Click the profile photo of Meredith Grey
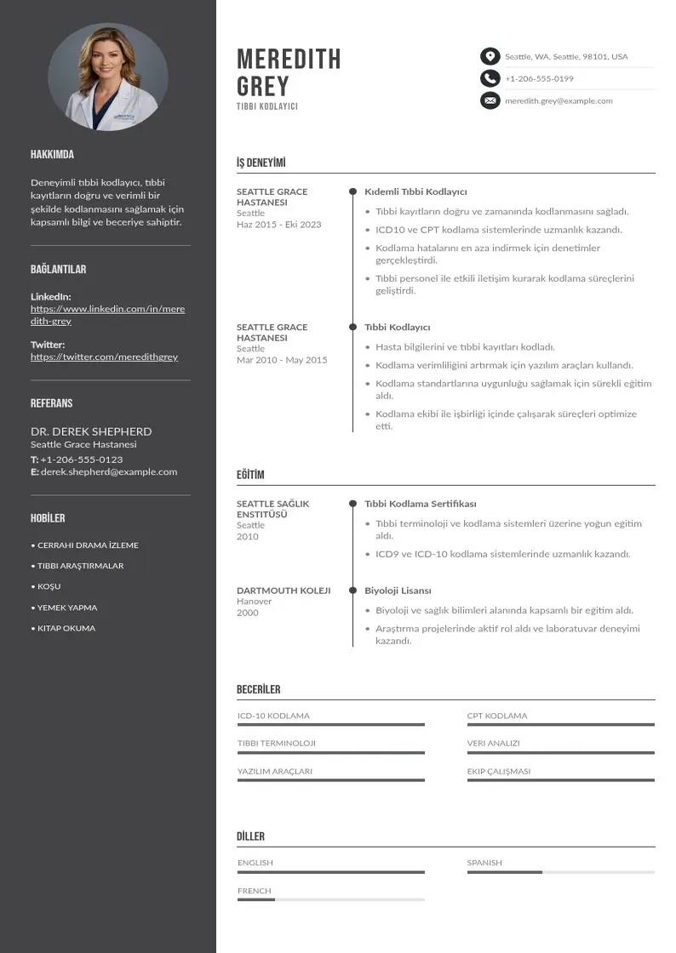107,77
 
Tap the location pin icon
490,57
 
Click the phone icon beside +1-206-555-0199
490,78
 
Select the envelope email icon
490,100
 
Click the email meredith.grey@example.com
559,100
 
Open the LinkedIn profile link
107,315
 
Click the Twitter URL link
104,357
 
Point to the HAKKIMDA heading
52,155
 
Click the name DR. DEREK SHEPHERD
91,431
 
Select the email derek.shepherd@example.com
109,471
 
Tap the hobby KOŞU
49,586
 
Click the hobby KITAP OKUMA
66,628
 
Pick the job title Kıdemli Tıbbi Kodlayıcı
415,191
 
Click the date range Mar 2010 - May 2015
282,360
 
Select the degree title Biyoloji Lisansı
398,590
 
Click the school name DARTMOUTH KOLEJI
284,590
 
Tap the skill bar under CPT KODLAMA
560,725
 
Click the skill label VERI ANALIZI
493,743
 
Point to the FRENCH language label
255,891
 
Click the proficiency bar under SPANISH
560,872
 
